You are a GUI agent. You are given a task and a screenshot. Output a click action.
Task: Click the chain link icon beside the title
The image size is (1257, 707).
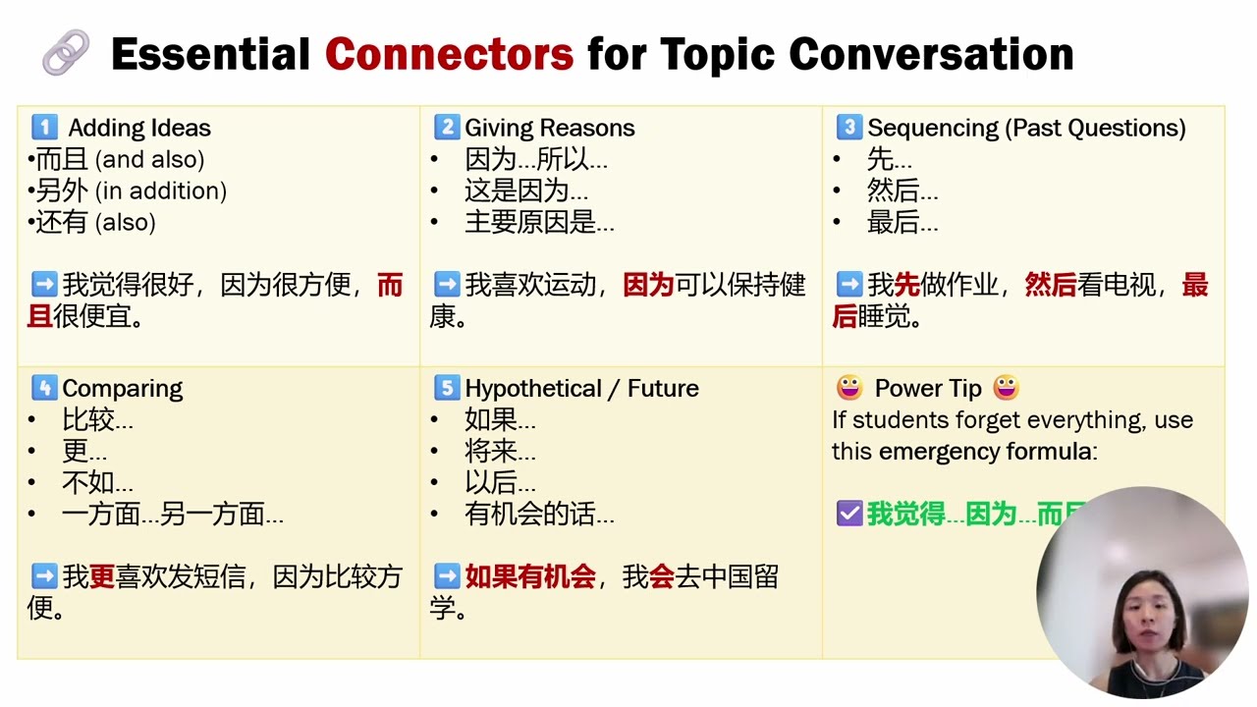[x=66, y=53]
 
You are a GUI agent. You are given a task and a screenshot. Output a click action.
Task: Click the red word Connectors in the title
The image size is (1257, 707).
[x=449, y=54]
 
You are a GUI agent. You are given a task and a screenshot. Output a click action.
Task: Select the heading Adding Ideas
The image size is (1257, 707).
[x=139, y=128]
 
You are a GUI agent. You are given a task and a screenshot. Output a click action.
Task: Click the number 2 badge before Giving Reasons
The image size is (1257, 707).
[x=447, y=128]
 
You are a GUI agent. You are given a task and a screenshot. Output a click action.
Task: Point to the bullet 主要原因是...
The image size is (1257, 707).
[x=539, y=223]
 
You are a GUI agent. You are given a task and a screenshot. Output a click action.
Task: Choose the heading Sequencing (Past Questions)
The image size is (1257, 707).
[x=1026, y=128]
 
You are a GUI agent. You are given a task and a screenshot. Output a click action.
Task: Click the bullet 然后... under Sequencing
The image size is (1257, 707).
[x=902, y=190]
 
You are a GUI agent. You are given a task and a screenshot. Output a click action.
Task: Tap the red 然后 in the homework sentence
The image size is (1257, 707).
[x=1051, y=286]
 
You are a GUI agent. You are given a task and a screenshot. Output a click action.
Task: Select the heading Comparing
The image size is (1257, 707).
[x=122, y=389]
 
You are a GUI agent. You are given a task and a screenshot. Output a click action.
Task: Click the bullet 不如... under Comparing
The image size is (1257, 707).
[x=97, y=483]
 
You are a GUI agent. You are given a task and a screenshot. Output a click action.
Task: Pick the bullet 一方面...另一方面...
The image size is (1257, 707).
[x=172, y=515]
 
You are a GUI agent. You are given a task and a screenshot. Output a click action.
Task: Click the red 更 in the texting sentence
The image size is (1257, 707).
[x=102, y=577]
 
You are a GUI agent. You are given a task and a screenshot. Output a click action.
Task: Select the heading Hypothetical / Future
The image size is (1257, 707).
[x=581, y=389]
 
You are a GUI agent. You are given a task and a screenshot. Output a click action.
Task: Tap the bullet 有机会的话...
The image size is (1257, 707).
[x=539, y=515]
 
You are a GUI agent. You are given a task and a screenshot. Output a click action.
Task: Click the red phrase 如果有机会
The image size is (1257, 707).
[x=530, y=577]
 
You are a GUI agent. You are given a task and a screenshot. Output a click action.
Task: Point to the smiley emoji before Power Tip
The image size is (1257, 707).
[x=848, y=389]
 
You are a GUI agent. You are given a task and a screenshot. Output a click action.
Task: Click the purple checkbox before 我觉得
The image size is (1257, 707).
[x=848, y=514]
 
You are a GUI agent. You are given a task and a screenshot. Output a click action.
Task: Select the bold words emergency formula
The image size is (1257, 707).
[x=984, y=452]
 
